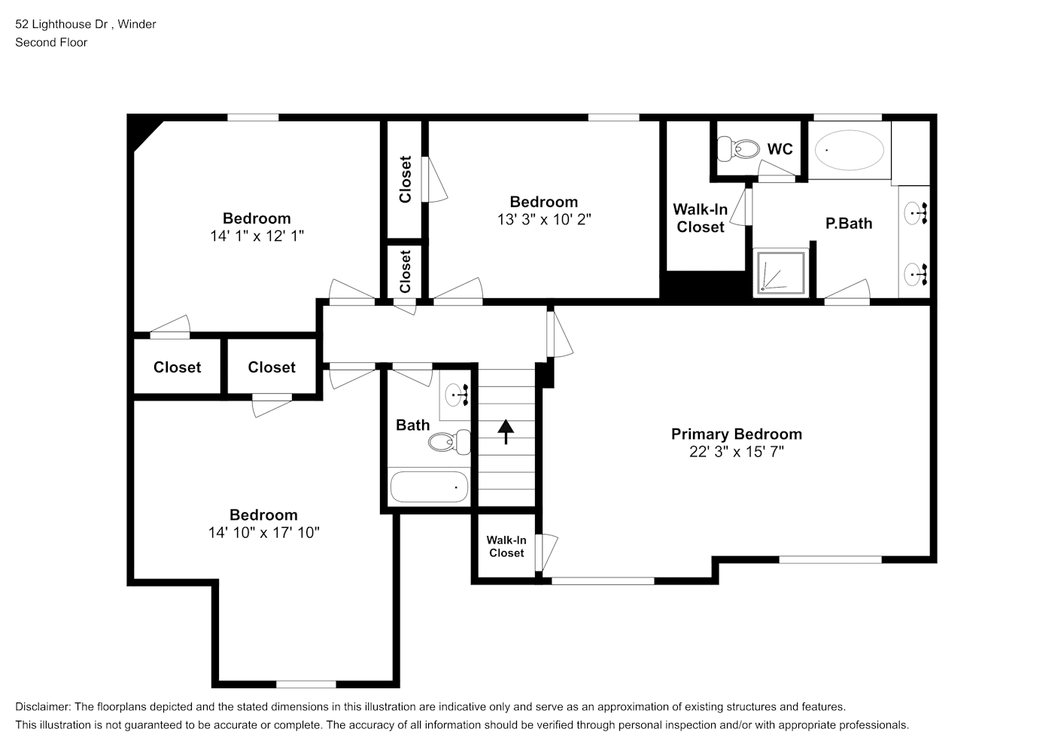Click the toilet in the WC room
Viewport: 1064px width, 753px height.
pos(737,149)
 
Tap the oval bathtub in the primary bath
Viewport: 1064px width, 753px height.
pos(850,150)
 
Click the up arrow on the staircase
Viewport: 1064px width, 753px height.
pos(506,431)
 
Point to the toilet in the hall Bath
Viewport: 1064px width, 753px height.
pos(449,442)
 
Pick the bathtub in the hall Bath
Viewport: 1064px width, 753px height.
pos(429,486)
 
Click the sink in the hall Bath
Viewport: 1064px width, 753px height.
pos(456,395)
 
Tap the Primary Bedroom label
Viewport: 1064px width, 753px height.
pos(736,434)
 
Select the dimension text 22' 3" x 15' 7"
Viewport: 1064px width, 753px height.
pos(736,452)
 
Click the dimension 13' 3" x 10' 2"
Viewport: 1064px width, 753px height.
pos(544,220)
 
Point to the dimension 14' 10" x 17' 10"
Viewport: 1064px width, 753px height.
pos(263,532)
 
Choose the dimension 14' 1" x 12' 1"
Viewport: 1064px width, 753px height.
pos(257,236)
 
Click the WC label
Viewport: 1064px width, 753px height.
pos(780,149)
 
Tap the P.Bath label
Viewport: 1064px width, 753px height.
pos(849,224)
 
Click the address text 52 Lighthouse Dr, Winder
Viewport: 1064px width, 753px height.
pos(86,24)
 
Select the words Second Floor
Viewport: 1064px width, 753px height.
pos(51,42)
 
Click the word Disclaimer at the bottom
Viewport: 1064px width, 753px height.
pos(43,707)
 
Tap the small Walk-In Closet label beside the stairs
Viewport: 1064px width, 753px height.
pos(506,547)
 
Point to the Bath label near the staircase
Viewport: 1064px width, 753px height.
pos(413,425)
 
